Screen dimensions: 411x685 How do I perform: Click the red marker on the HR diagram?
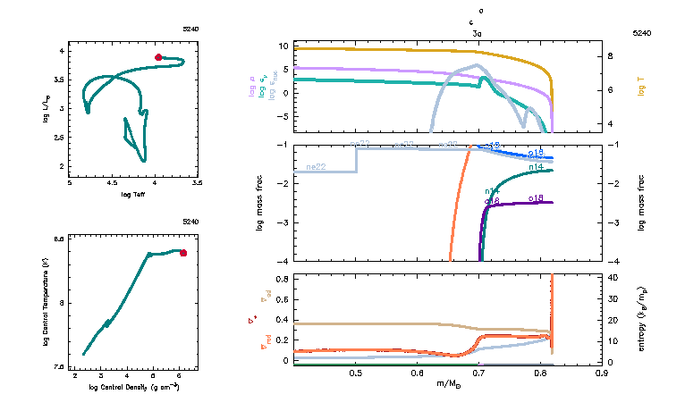click(158, 57)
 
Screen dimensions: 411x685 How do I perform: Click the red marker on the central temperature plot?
click(183, 253)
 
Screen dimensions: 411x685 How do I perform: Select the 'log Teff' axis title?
click(132, 194)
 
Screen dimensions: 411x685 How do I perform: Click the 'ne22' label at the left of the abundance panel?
click(315, 167)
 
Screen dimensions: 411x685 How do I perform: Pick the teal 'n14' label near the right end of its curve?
click(537, 166)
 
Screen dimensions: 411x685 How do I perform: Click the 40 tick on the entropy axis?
click(614, 279)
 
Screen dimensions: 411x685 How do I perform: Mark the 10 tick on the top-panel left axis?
click(282, 46)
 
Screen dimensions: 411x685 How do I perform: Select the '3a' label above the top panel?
click(477, 32)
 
